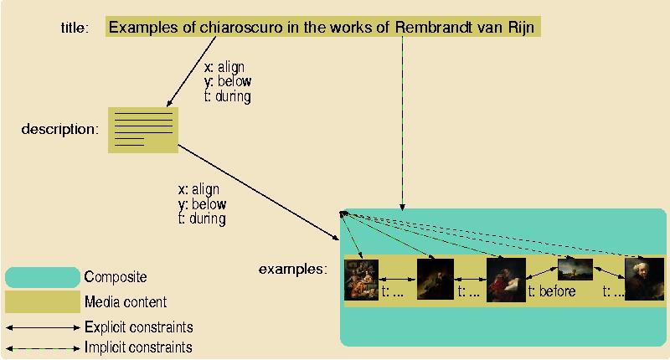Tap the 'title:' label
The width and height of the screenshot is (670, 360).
pos(75,28)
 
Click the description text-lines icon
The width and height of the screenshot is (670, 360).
pos(142,130)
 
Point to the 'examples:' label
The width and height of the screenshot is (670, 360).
pos(292,270)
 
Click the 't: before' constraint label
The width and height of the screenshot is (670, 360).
pos(552,292)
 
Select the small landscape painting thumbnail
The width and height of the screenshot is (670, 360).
pos(575,270)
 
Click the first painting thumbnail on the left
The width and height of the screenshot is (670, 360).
pos(362,280)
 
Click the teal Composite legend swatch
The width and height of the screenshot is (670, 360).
pos(42,277)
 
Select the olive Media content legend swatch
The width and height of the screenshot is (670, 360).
pos(42,301)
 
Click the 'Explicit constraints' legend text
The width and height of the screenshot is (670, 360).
pos(139,327)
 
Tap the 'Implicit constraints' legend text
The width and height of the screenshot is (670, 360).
pos(138,347)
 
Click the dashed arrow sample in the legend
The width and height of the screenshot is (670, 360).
pos(42,347)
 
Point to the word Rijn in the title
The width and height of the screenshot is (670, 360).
pos(522,27)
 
